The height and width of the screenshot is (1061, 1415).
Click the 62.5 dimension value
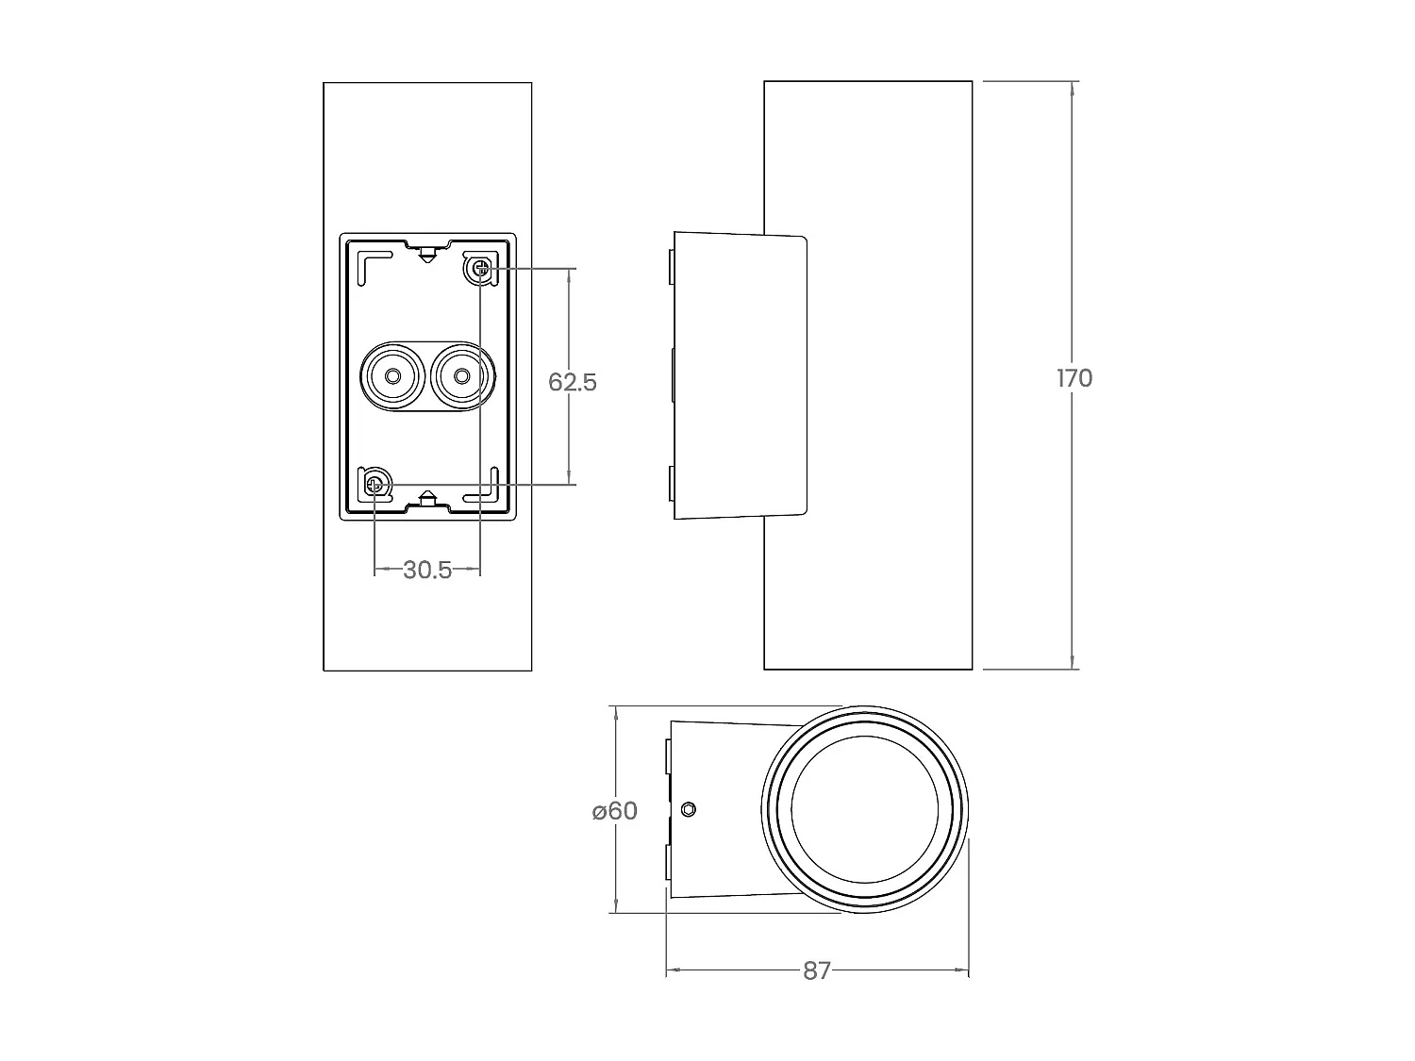(x=573, y=382)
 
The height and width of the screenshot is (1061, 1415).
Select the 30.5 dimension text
(x=427, y=570)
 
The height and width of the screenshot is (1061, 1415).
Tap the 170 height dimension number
(x=1074, y=378)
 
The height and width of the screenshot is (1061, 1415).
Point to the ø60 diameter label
(x=615, y=811)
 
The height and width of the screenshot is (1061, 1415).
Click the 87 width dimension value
(x=817, y=970)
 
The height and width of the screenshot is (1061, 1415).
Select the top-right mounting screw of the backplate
(x=481, y=270)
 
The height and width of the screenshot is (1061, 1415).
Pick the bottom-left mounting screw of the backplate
(x=375, y=485)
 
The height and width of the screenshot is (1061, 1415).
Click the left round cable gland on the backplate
(x=392, y=376)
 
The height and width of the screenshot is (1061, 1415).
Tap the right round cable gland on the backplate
(x=461, y=376)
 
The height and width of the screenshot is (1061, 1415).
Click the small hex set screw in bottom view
(x=689, y=809)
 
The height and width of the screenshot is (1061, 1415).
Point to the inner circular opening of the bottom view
(x=865, y=809)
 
